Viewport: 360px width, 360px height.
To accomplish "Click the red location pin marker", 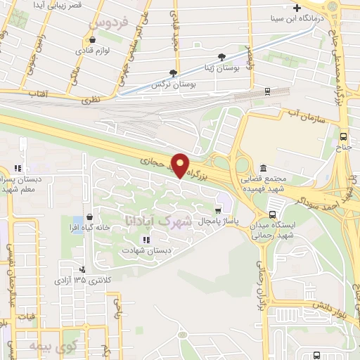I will point(181,165).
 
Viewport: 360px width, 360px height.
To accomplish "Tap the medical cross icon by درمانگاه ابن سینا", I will point(297,8).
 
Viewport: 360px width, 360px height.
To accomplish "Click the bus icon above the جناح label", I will point(343,137).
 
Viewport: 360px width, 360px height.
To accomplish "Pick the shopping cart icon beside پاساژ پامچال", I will point(219,210).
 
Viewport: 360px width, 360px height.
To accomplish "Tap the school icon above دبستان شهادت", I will point(146,240).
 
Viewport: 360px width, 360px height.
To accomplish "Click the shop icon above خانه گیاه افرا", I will point(89,217).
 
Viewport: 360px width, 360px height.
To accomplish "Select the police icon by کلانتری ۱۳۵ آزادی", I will point(83,268).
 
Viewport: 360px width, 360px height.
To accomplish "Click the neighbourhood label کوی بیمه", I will point(50,346).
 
